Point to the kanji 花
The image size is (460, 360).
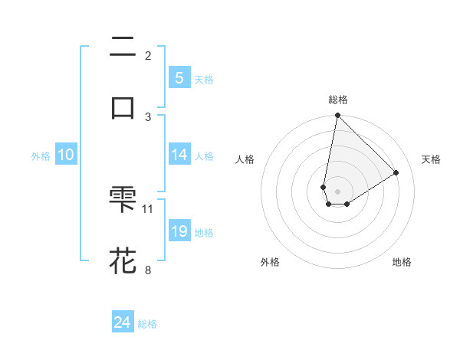123,260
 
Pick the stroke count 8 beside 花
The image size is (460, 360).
148,269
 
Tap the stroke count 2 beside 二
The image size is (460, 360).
148,56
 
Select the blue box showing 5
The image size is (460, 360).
179,78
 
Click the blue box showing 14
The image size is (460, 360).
179,155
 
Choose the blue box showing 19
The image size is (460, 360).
179,231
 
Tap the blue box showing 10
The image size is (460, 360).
66,155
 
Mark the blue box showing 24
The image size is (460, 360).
122,322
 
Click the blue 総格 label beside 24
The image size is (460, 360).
147,324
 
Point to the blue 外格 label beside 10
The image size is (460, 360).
41,156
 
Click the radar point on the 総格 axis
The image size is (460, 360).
337,115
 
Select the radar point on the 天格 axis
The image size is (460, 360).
396,172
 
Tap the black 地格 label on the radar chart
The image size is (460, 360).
402,262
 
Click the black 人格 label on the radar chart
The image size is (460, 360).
245,159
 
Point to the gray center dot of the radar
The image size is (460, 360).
337,191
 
